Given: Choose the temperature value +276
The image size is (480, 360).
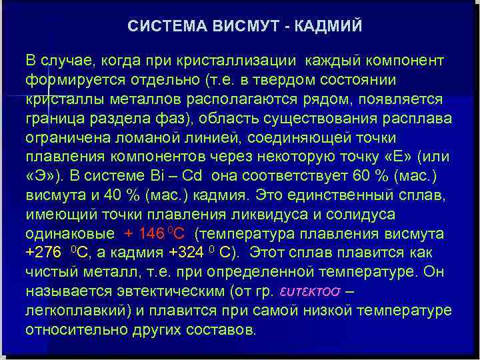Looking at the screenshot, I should (x=42, y=254).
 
